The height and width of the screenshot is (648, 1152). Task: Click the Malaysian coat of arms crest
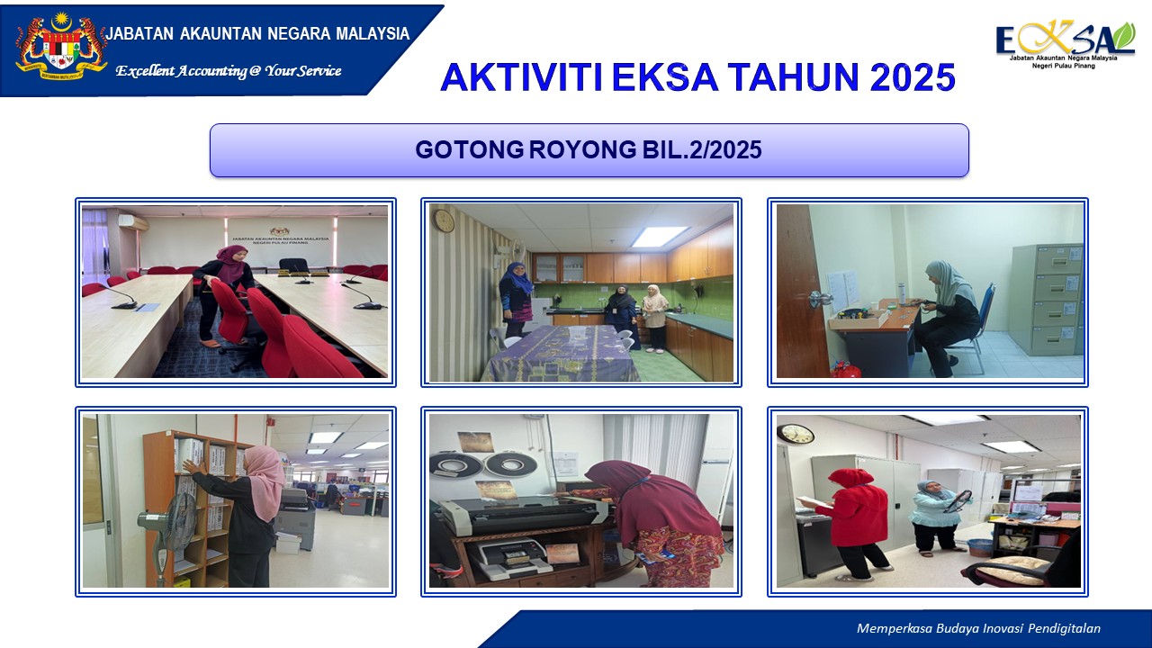tap(61, 47)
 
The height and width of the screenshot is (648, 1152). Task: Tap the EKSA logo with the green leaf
tap(1065, 42)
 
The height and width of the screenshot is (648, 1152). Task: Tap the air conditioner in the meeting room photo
tap(130, 221)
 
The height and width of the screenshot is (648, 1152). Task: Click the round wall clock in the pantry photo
tap(444, 220)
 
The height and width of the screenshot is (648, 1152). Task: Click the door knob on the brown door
tap(814, 298)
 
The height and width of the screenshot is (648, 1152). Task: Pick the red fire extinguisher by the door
tap(842, 369)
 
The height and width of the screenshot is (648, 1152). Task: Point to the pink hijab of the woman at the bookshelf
tap(263, 478)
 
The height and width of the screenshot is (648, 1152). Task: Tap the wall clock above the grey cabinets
tap(795, 434)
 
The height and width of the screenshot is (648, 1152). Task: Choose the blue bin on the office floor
tap(980, 546)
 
